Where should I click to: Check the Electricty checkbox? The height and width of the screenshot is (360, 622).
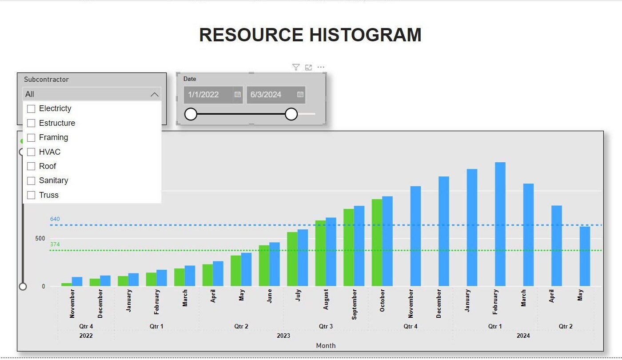point(31,109)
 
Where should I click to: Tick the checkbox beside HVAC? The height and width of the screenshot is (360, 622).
point(31,152)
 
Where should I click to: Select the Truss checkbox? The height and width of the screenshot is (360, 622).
point(31,195)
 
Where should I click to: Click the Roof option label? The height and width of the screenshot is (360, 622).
point(48,166)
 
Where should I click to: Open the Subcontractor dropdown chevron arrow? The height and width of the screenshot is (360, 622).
point(154,94)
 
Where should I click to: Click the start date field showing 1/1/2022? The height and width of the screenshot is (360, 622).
point(207,95)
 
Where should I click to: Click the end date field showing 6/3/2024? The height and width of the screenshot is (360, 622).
point(270,95)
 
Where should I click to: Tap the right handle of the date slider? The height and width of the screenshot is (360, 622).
point(291,114)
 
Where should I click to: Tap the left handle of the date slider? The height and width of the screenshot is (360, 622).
point(191,114)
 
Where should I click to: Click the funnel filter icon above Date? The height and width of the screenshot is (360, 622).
point(296,67)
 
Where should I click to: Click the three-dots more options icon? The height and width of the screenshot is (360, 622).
point(321,67)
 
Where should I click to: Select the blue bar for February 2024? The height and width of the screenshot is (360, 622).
point(500,224)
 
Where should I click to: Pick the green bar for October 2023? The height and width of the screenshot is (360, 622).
point(377,242)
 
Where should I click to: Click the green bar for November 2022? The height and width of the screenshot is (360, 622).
point(66,284)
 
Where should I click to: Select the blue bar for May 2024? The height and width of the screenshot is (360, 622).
point(585,256)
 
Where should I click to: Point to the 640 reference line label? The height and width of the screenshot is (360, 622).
point(55,219)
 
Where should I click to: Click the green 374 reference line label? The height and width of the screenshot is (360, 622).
point(55,244)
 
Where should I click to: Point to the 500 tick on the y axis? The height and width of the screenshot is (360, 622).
point(40,239)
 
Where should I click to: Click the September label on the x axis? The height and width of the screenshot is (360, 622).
point(354,304)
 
